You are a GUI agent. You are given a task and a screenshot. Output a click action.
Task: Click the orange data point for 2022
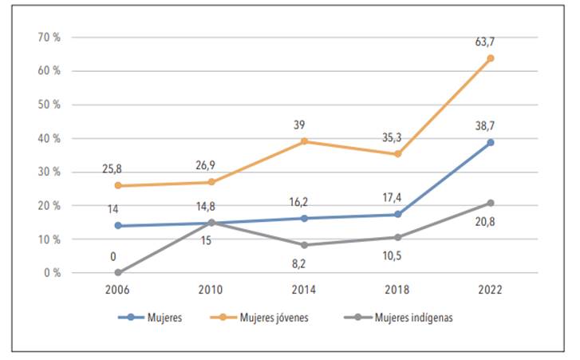tap(491, 58)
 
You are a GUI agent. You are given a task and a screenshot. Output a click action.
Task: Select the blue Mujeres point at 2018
tap(397, 214)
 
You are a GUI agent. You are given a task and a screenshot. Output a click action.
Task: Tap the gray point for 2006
tap(118, 272)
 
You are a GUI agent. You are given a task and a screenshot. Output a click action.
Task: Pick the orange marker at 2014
tap(304, 141)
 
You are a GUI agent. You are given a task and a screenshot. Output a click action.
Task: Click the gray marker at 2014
tap(304, 245)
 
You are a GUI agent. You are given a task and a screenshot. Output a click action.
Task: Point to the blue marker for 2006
tap(118, 225)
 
